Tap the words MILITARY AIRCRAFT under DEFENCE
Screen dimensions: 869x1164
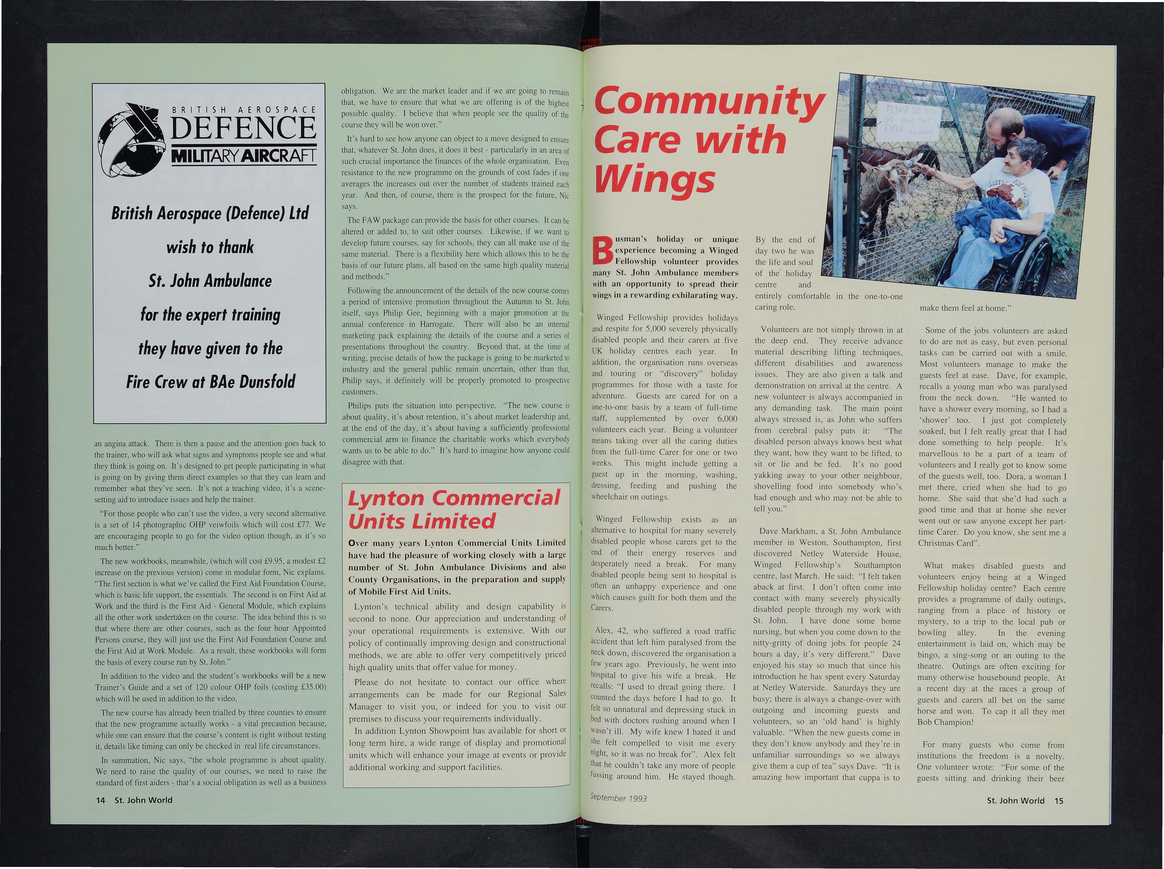pos(243,156)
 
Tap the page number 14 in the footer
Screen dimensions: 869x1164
pos(100,800)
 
